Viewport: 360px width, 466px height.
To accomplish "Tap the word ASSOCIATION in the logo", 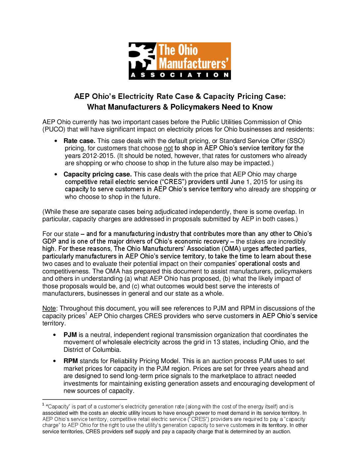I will point(180,75).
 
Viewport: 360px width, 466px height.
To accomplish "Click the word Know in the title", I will point(262,107).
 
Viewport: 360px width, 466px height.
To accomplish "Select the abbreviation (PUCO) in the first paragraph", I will point(54,129).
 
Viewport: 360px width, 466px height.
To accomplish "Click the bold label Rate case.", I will point(79,141).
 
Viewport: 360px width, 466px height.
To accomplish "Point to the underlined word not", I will point(168,148).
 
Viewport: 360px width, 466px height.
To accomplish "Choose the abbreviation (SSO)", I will point(296,141).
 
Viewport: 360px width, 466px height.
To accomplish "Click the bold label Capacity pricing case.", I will point(98,174).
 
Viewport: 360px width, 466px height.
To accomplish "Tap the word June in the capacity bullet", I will point(237,182).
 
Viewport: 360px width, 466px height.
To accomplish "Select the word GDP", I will point(49,242).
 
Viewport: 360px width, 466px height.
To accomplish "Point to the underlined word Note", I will point(49,308).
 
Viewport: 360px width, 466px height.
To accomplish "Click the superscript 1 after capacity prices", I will point(86,314).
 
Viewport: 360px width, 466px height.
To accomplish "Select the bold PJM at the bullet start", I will point(70,335).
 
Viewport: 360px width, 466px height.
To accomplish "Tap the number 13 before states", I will point(216,342).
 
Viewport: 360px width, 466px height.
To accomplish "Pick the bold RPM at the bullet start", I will point(71,361).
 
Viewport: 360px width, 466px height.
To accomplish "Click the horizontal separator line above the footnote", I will point(85,399).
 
